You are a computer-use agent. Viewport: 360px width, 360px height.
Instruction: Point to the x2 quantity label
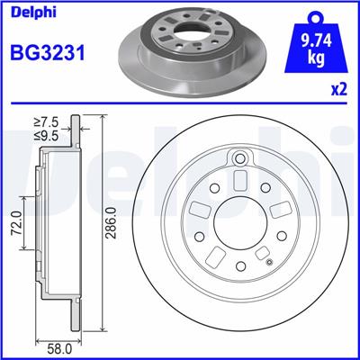pos(338,90)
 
